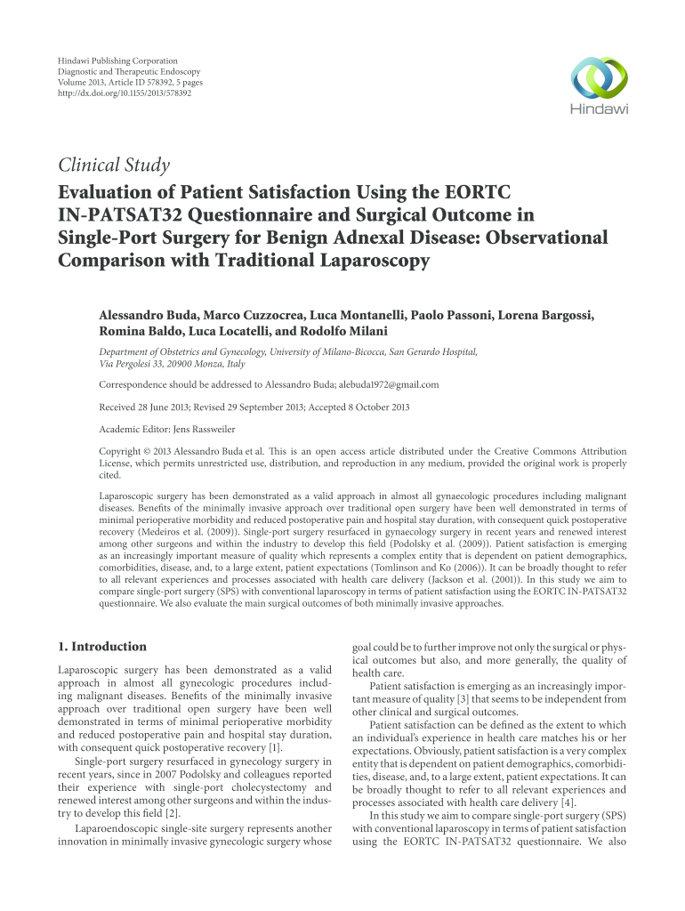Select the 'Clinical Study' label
pos(113,165)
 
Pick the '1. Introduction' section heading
pos(102,646)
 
